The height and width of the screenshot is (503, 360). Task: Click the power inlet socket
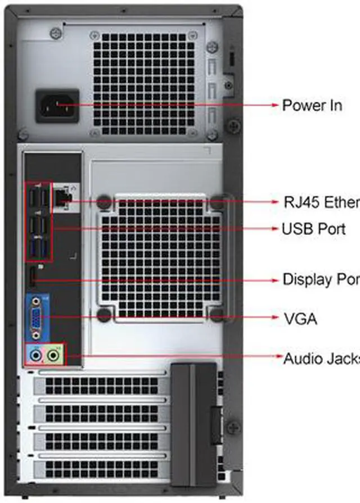pos(57,105)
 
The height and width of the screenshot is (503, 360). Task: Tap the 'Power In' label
pos(312,105)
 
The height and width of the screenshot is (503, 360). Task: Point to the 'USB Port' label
pos(313,229)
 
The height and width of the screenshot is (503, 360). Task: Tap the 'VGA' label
pos(300,319)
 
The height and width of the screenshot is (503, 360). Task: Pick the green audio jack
pos(53,355)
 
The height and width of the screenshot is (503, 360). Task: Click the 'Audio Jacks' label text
pos(321,358)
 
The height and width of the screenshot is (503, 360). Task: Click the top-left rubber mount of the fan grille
pos(104,202)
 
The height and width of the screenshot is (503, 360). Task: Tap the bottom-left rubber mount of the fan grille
pos(104,315)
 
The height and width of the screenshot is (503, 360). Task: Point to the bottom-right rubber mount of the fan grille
pos(217,315)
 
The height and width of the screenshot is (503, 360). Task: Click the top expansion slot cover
pos(101,386)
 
